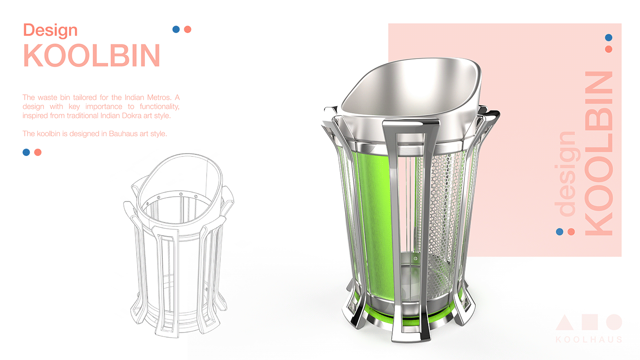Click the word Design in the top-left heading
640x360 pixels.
click(50, 30)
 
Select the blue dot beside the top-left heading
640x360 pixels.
click(176, 29)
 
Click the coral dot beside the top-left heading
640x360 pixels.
click(187, 29)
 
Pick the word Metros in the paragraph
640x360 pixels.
click(159, 97)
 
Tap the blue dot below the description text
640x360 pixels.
click(27, 152)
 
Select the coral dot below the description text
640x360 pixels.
click(37, 152)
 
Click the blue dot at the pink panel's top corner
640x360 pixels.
click(608, 38)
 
